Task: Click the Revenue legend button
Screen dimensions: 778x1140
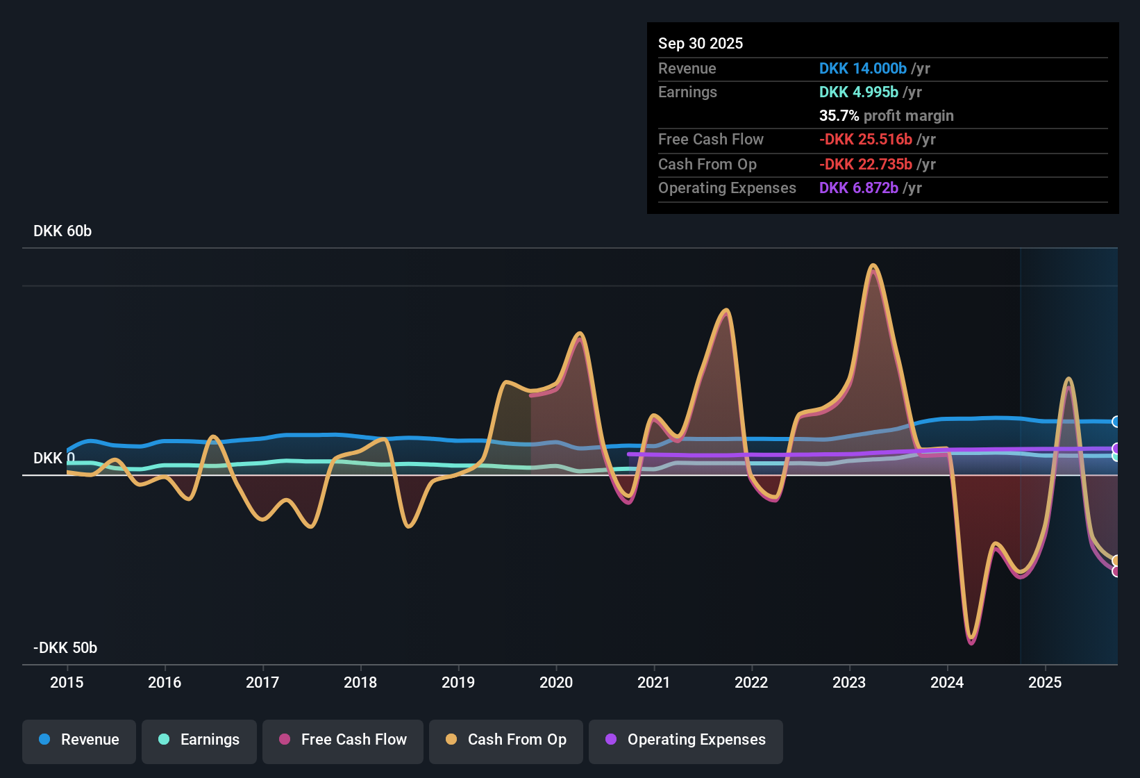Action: pos(79,740)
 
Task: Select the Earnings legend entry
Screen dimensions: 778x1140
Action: pos(199,740)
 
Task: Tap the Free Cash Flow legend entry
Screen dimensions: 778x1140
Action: pos(343,740)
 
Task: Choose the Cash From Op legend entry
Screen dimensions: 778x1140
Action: pos(506,740)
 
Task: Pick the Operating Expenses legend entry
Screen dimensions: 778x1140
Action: pos(686,740)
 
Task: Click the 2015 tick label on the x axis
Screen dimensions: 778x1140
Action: pos(67,682)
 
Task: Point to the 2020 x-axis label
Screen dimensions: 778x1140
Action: pos(556,682)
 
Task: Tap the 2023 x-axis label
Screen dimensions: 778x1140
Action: pos(849,682)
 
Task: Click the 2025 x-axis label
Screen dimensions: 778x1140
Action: pos(1045,682)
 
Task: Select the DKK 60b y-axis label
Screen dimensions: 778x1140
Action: pos(62,231)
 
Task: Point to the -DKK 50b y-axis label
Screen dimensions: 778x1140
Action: pos(65,648)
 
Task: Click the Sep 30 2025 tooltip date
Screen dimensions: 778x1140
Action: pos(701,43)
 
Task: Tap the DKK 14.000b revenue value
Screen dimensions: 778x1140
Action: pos(863,69)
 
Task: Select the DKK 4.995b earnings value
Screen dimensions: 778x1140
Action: pos(859,92)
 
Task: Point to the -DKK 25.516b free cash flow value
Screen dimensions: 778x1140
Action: pos(866,140)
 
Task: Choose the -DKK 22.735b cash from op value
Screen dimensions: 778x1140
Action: pos(866,165)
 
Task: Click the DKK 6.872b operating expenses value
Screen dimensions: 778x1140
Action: pos(859,188)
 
